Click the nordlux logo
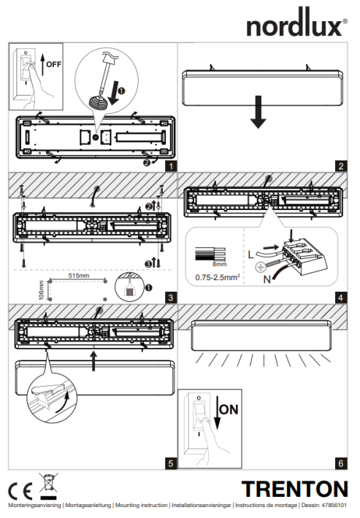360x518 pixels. coord(296,26)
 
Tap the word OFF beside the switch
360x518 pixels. coord(54,64)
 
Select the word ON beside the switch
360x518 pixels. coord(229,409)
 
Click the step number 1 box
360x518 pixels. coord(170,166)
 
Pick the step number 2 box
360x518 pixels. coord(340,166)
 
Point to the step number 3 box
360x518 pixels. coord(170,297)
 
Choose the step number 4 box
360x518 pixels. coord(340,297)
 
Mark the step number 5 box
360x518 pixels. coord(170,463)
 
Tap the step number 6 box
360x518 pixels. coord(340,463)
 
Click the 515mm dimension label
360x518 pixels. coord(78,277)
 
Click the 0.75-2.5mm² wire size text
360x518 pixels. coord(217,278)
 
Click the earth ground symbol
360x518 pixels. coord(250,266)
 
